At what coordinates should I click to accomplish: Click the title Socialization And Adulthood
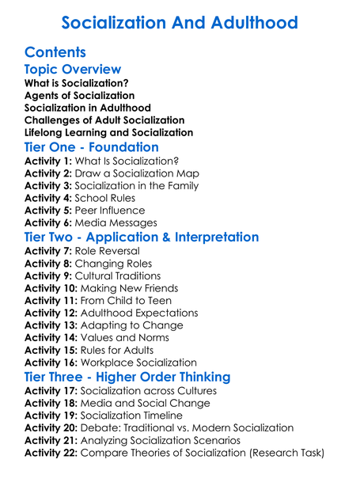(x=180, y=22)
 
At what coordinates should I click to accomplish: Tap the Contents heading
(x=55, y=52)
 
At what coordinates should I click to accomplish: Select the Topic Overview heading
(x=74, y=69)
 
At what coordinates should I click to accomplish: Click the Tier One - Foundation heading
(x=92, y=147)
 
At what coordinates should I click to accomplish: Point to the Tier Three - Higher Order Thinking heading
(x=127, y=376)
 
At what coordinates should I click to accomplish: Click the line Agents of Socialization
(x=79, y=95)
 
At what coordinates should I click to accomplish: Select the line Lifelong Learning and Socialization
(x=108, y=132)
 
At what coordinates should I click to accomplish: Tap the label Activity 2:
(x=48, y=173)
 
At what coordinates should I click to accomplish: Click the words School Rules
(x=105, y=199)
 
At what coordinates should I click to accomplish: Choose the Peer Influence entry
(x=110, y=211)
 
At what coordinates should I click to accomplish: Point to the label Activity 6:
(x=48, y=223)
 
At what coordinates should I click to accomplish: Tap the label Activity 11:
(x=51, y=301)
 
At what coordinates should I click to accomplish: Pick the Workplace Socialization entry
(x=142, y=363)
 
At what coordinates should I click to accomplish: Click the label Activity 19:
(x=51, y=415)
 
